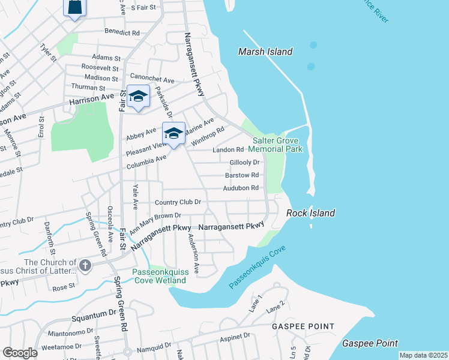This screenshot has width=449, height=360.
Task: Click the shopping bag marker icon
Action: [74, 7]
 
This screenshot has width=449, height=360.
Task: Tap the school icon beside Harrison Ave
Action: [138, 97]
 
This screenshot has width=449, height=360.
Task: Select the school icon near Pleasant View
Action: [173, 133]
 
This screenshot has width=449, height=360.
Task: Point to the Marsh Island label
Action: [265, 52]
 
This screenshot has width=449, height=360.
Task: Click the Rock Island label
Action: [310, 213]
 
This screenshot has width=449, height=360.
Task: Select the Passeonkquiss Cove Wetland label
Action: [160, 275]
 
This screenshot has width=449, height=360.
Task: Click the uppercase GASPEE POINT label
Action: [303, 326]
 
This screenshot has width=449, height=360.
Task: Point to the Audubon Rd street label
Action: [241, 188]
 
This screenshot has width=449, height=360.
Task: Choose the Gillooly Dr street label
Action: [244, 163]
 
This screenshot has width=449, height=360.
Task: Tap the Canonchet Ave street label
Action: [152, 80]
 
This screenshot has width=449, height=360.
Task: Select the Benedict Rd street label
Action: [122, 32]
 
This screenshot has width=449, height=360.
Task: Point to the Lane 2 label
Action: [276, 308]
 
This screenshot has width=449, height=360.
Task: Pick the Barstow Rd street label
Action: [242, 175]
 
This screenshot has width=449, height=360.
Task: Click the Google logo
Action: [20, 353]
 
